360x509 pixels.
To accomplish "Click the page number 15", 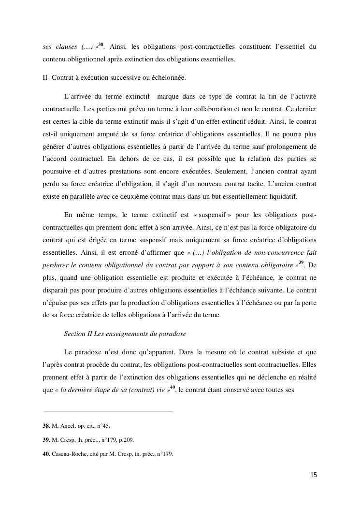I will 314,475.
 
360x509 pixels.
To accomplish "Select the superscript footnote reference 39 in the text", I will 301,262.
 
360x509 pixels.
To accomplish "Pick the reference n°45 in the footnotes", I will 103,426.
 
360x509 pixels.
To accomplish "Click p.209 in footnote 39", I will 125,440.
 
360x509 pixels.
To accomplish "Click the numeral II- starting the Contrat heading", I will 47,78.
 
